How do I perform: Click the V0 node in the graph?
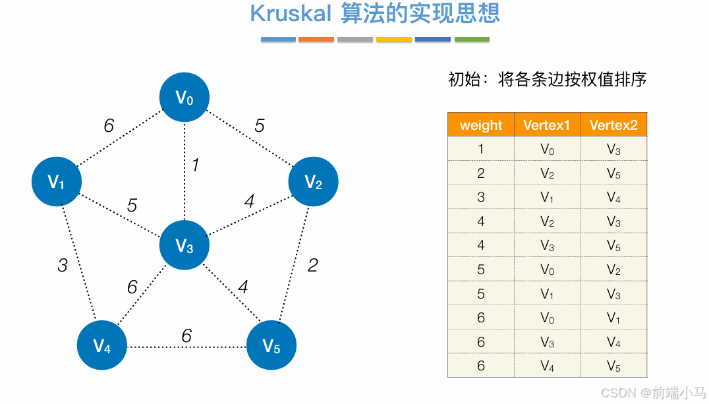click(184, 98)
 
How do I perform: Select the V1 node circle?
click(57, 181)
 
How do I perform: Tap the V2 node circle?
click(314, 181)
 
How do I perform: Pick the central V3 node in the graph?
click(184, 246)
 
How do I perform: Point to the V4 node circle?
click(102, 345)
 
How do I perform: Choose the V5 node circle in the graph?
click(271, 345)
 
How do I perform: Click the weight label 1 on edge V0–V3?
click(195, 165)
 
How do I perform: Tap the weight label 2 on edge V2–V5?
click(313, 265)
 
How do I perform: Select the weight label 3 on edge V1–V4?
click(63, 266)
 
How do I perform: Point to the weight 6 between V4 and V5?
click(186, 336)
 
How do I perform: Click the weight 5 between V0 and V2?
click(260, 125)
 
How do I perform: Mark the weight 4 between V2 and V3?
click(249, 202)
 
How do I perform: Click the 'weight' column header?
click(481, 125)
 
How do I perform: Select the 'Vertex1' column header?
click(547, 125)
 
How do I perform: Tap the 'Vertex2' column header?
click(613, 125)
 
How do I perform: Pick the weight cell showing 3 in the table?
click(481, 198)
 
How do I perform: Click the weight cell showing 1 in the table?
click(481, 150)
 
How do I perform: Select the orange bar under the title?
click(316, 40)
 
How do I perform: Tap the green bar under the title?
click(472, 40)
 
